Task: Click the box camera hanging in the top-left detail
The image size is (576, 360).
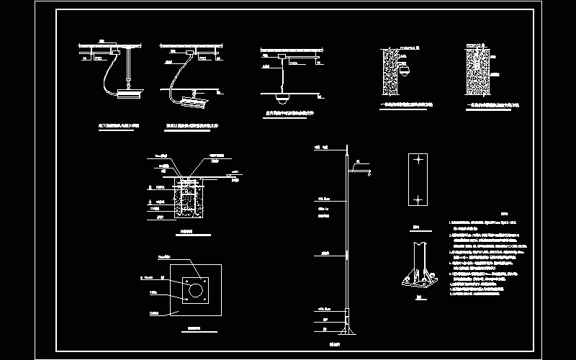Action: pos(129,92)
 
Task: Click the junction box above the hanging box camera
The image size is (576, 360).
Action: pos(126,52)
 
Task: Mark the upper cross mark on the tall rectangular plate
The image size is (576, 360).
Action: pos(417,159)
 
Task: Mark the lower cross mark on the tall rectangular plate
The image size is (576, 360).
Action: pos(417,197)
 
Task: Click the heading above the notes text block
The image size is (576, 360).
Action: pos(483,214)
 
